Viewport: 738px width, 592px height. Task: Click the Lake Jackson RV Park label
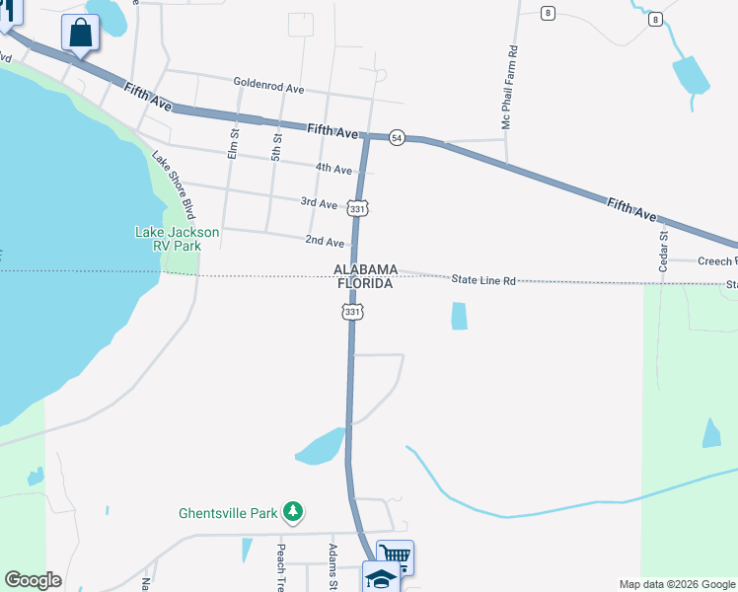tap(177, 239)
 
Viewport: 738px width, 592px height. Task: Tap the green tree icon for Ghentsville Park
tap(293, 511)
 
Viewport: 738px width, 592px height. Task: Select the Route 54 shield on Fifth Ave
tap(397, 137)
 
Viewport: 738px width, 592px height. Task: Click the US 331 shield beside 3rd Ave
tap(357, 209)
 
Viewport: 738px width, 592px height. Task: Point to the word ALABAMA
tap(365, 269)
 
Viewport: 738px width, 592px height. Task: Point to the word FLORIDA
tap(365, 284)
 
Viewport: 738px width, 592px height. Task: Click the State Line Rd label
tap(484, 280)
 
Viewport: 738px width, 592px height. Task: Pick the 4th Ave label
tap(333, 169)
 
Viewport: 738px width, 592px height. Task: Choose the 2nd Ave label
tap(325, 241)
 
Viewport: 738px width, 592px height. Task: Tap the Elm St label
tap(234, 144)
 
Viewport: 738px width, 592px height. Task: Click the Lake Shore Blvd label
tap(172, 184)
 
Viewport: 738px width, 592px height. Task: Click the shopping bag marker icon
tap(80, 33)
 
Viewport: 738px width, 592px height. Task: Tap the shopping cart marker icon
tap(394, 556)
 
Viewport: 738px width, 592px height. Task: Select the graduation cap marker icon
tap(381, 577)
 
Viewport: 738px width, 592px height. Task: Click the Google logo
tap(33, 580)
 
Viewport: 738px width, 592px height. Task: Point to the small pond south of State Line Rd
tap(459, 316)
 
